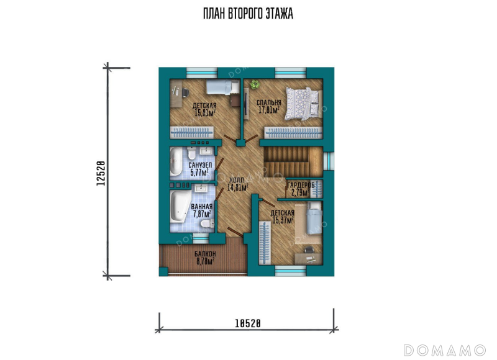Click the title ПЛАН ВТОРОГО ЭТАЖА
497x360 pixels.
coord(248,14)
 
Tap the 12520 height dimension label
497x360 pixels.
coord(101,173)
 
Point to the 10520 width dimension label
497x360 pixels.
coord(248,323)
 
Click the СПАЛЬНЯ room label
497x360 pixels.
coord(269,102)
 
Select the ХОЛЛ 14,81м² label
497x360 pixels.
coord(238,184)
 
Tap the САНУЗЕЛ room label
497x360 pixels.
coord(200,165)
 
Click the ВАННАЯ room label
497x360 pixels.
coord(201,207)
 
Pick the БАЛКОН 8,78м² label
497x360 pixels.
coord(206,258)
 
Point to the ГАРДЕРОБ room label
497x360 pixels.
coord(301,185)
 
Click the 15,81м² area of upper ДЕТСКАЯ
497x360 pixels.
coord(205,113)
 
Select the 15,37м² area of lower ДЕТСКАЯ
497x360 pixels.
coord(283,220)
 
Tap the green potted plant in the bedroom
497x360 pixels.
coord(255,84)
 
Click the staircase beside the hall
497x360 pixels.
coord(293,161)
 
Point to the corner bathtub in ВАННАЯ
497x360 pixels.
coord(180,206)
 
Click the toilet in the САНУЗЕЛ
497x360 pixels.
coord(191,153)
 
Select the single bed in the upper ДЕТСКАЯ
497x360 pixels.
coord(223,87)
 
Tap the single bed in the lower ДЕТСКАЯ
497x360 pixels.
coord(314,218)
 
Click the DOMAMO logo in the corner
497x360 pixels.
coord(444,350)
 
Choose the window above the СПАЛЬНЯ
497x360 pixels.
coord(290,73)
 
